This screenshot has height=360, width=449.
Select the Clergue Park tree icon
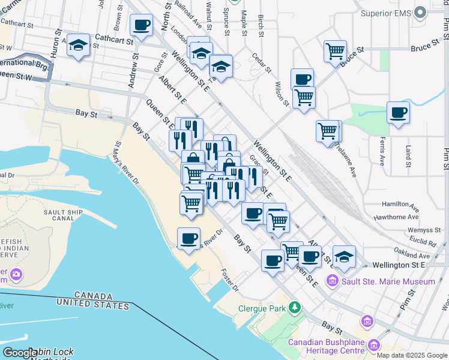click(294, 308)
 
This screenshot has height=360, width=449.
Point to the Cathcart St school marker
click(78, 45)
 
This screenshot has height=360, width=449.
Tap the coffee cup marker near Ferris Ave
click(398, 112)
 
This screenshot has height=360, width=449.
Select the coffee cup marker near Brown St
click(141, 26)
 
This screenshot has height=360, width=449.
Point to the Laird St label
click(408, 155)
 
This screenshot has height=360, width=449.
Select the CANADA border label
click(93, 296)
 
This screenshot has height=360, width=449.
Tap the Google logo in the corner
click(19, 353)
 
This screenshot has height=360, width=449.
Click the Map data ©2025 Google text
click(412, 355)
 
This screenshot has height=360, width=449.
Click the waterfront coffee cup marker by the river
click(188, 239)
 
